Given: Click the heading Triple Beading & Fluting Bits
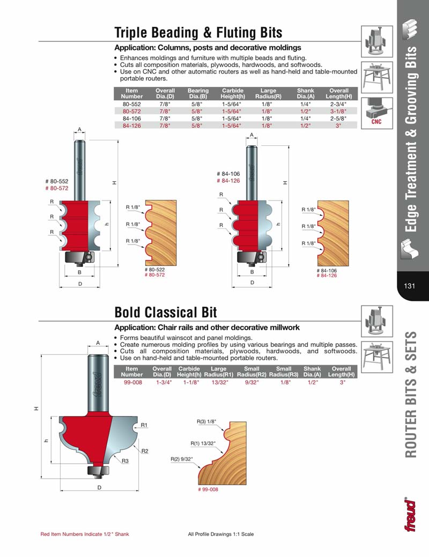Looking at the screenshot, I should [198, 33].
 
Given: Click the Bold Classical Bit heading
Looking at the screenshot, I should [166, 312].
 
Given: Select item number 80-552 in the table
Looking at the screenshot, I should [131, 103].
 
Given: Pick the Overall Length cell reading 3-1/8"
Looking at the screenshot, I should [339, 110].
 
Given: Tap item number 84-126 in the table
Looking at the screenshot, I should [131, 124].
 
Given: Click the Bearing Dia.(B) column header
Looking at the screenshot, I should [198, 93].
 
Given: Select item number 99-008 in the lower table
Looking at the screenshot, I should [132, 383].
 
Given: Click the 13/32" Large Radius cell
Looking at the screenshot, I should [218, 383].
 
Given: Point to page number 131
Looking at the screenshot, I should [410, 286].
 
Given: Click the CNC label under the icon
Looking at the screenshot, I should [376, 122].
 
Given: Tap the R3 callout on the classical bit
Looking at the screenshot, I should [124, 461].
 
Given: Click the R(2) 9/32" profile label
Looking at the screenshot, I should [182, 459].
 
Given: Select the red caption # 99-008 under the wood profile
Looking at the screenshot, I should [208, 489].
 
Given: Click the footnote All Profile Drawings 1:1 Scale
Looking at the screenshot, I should [221, 534].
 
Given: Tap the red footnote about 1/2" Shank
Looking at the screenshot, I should [85, 534].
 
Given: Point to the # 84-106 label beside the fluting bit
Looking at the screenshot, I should [228, 174].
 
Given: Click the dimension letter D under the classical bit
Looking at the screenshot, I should [99, 487].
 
